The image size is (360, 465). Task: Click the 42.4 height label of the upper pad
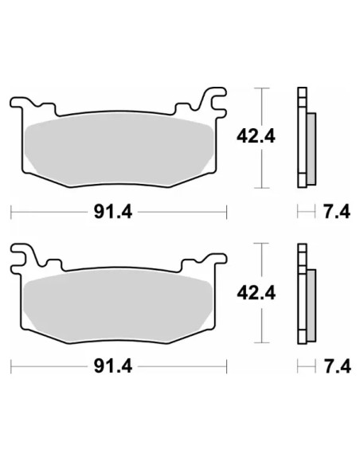(256, 137)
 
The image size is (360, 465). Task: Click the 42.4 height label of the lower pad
(256, 293)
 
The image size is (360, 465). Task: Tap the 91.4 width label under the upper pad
(113, 212)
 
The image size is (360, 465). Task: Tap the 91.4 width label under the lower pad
(113, 367)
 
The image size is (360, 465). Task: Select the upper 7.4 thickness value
(337, 212)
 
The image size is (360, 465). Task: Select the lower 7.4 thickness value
(338, 367)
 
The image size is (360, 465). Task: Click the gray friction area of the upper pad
(119, 149)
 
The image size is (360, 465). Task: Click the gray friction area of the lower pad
(118, 306)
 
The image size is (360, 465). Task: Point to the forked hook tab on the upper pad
(214, 102)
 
